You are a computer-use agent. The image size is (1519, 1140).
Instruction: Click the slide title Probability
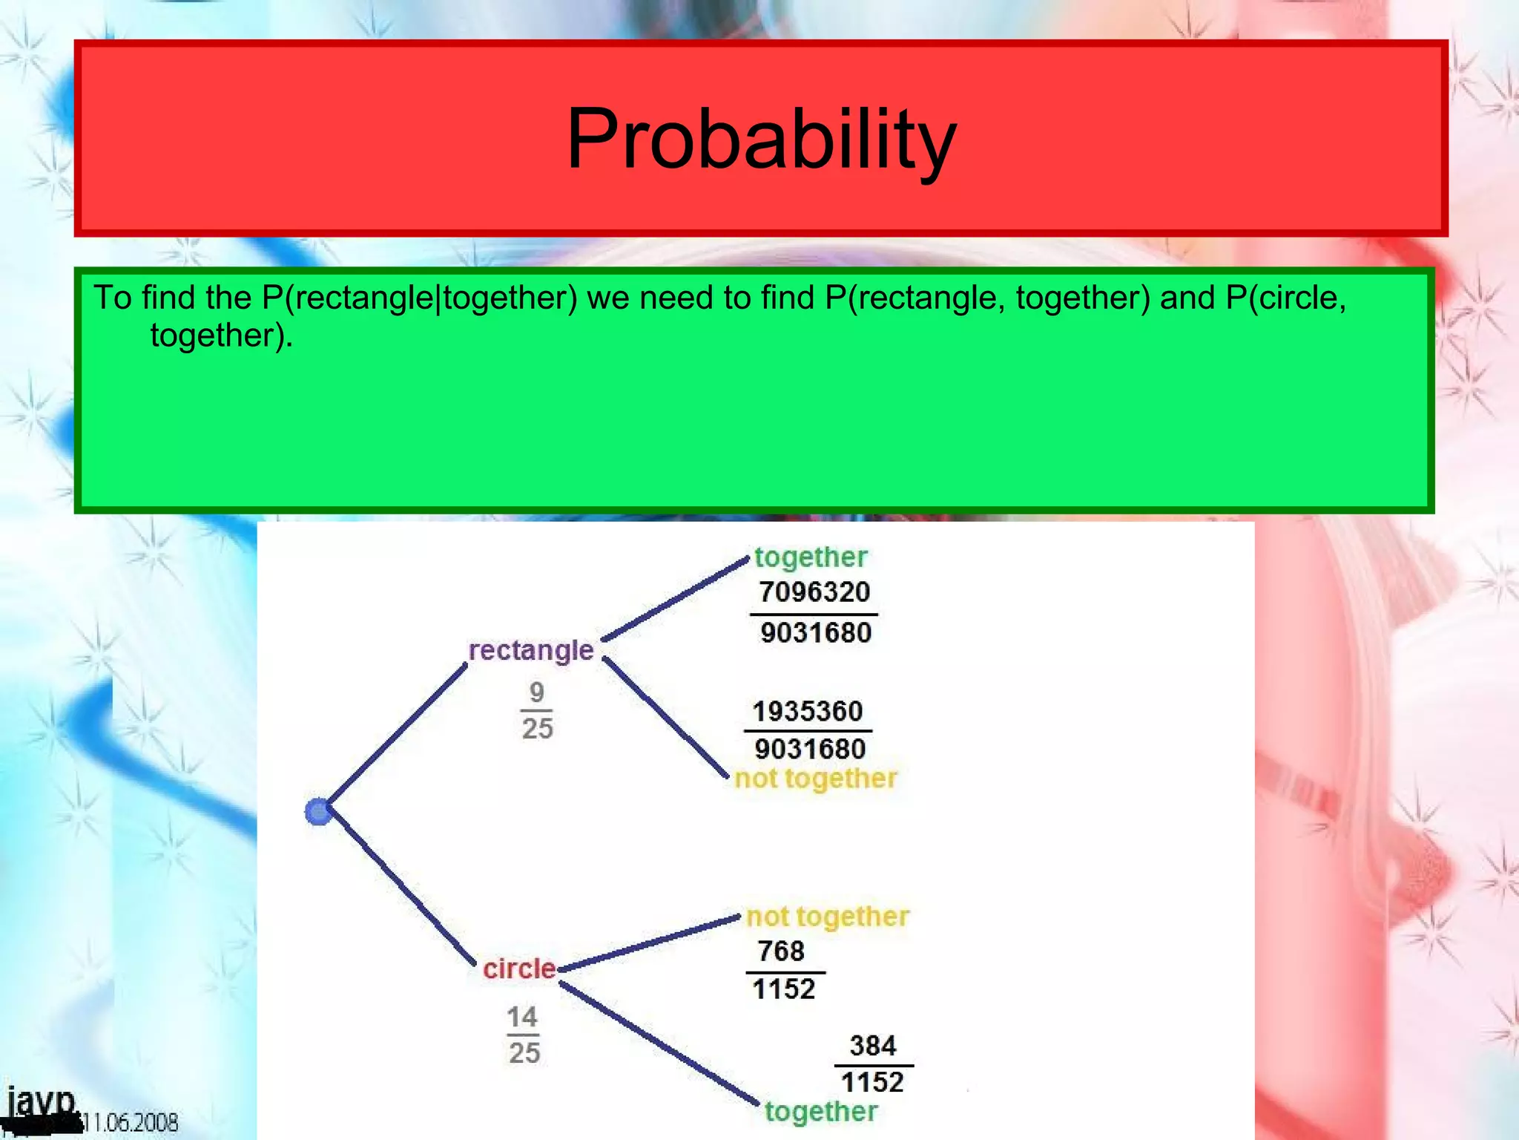[x=761, y=140]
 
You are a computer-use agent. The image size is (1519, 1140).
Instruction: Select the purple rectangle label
[x=531, y=650]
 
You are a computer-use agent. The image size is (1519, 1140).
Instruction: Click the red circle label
[x=519, y=969]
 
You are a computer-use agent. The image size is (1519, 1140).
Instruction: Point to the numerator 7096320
[x=814, y=592]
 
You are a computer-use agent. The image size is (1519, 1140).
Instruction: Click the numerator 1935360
[x=808, y=711]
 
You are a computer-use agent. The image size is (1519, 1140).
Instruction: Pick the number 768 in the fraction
[x=781, y=951]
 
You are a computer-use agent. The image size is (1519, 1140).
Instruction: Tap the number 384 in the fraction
[x=873, y=1046]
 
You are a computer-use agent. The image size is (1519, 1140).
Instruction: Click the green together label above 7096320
[x=811, y=557]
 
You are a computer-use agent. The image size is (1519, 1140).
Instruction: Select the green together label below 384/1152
[x=821, y=1111]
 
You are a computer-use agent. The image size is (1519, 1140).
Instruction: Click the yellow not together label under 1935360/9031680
[x=816, y=779]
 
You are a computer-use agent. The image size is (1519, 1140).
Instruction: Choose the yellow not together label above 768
[x=828, y=917]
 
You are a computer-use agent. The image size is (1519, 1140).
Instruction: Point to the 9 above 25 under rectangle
[x=537, y=692]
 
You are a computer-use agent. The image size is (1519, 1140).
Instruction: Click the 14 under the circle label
[x=522, y=1017]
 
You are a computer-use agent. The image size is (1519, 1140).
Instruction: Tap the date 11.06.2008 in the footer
[x=131, y=1121]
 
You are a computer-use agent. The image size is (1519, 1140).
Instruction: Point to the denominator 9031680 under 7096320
[x=816, y=633]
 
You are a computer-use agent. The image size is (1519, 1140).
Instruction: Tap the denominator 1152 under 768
[x=784, y=989]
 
